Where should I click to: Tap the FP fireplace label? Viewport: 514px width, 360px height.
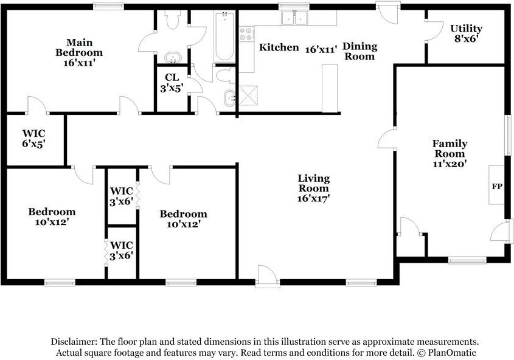point(497,187)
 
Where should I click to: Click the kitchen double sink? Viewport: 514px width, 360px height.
point(294,18)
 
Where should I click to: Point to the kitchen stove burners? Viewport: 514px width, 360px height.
point(246,33)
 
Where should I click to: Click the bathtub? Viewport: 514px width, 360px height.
point(224,36)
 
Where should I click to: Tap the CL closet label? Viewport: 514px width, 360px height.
point(172,77)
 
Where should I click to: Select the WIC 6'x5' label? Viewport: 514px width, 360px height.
point(34,139)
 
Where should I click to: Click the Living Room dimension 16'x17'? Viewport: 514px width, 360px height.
point(313,198)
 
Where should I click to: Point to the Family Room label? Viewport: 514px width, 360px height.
point(450,148)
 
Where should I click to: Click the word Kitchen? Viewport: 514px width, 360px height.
point(279,47)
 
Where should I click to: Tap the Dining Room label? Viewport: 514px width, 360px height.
point(359,51)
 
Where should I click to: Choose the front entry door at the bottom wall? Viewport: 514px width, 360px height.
point(268,277)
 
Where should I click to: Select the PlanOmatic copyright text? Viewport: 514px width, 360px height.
point(446,353)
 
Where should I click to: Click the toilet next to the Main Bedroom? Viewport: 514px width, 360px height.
point(172,19)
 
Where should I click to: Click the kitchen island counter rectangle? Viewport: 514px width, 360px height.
point(330,88)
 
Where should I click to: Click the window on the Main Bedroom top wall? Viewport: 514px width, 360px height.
point(108,6)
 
